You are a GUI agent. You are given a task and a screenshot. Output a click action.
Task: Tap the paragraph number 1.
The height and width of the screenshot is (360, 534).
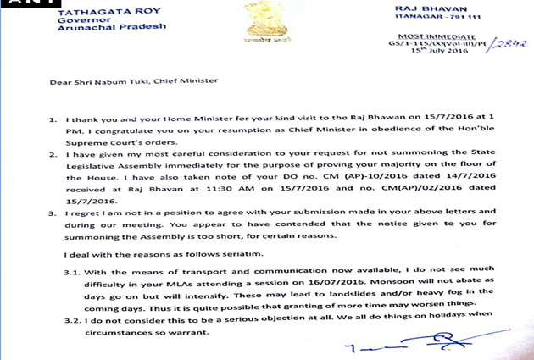pos(56,111)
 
